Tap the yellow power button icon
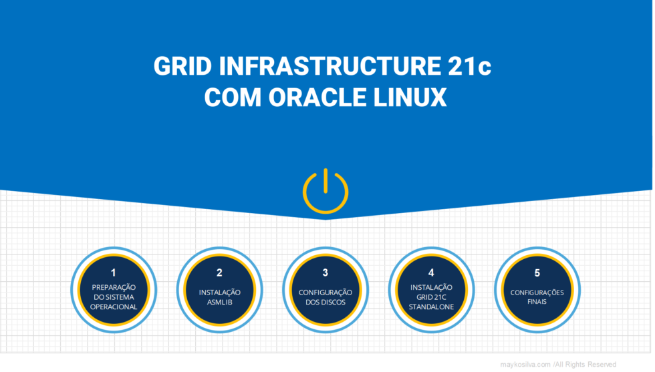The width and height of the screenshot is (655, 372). pos(325,191)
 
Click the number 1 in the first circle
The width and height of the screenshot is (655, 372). pos(114,272)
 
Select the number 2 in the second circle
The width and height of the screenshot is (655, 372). pos(219,272)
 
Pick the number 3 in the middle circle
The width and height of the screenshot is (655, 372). pos(325,272)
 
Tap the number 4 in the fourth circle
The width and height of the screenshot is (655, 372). pos(431,272)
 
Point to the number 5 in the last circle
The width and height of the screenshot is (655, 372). pos(537,272)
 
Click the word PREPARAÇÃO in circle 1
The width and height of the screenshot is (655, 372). pos(114,287)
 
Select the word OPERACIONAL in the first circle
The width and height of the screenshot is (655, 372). pos(114,307)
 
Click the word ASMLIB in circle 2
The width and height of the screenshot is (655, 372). pos(219,302)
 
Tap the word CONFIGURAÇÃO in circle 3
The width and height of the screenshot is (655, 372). pos(325,292)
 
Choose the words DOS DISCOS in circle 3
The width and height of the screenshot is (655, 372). pos(325,302)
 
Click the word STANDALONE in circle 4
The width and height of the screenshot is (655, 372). pos(431,307)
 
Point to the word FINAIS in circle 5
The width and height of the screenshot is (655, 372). pos(537,302)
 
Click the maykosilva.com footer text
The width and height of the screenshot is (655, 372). pos(525,364)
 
